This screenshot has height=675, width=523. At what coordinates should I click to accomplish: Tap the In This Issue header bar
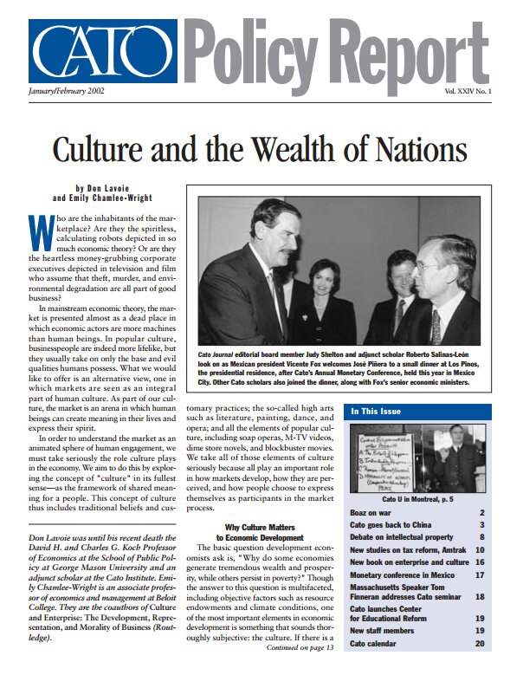417,411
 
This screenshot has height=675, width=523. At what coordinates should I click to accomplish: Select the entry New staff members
384,632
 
